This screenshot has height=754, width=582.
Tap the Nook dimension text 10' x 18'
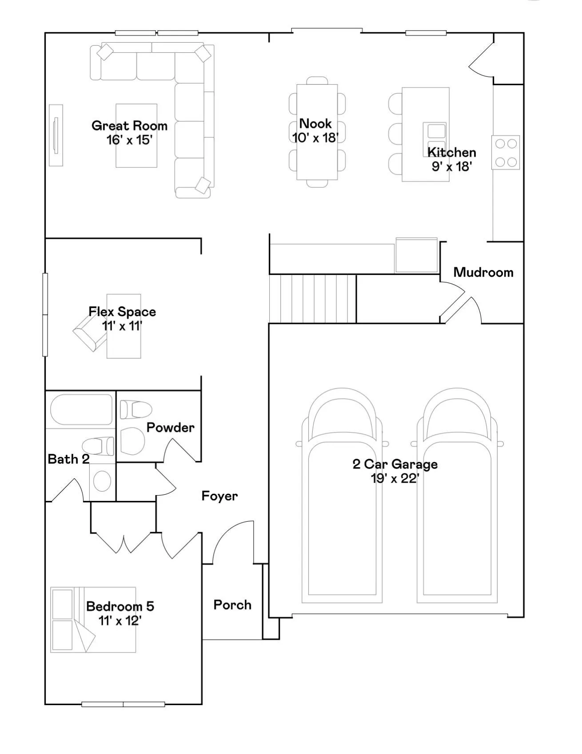[315, 138]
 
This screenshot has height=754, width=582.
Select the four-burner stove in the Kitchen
[506, 152]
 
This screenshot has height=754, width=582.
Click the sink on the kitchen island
[435, 138]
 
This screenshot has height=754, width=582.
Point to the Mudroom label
[483, 272]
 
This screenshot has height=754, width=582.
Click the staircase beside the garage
[313, 298]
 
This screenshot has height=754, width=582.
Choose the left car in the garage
[342, 496]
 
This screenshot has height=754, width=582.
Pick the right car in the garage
[457, 496]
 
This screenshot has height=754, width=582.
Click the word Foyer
[219, 496]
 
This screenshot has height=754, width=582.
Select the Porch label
[232, 605]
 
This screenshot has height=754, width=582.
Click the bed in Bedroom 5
[93, 620]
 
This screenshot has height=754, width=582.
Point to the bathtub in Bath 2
[81, 410]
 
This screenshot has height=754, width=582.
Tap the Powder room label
[171, 428]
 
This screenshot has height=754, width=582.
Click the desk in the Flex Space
[124, 326]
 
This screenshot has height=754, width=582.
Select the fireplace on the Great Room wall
[56, 135]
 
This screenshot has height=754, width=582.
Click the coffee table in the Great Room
[136, 136]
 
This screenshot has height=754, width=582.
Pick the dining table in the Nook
[317, 132]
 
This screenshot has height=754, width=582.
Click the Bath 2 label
[68, 459]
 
